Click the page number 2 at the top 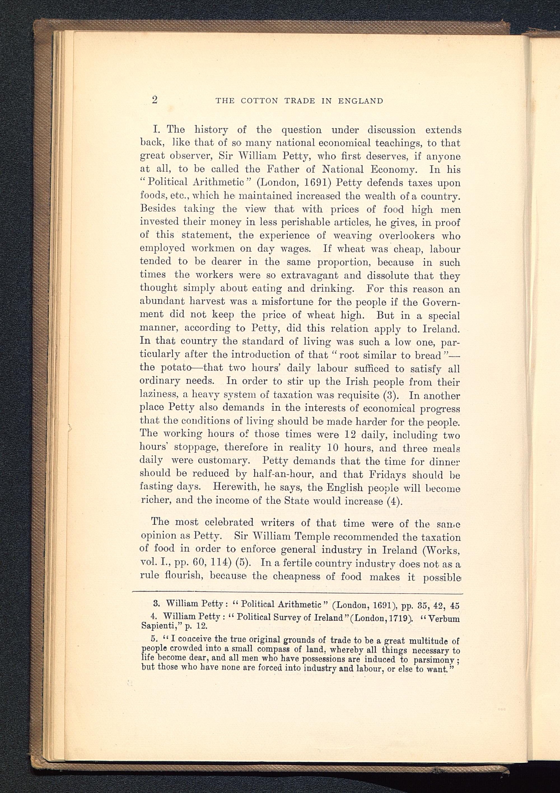(x=155, y=100)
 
